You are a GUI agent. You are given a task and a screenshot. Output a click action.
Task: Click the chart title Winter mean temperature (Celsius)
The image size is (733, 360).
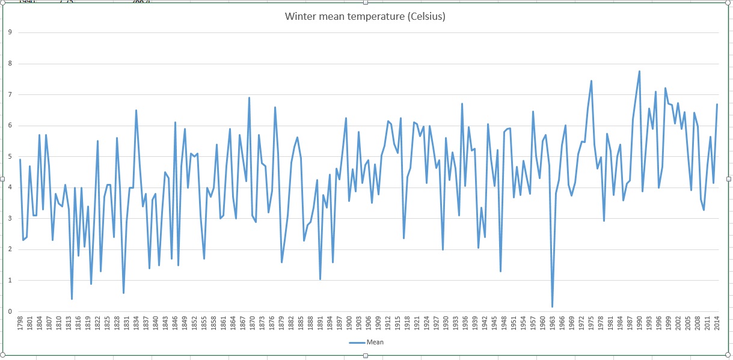coord(365,16)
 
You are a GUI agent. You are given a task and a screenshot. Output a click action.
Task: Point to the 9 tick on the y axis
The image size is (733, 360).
coord(10,32)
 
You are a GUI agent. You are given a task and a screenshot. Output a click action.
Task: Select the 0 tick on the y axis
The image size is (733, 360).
coord(10,311)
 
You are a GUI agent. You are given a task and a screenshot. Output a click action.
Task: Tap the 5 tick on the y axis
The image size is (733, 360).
coord(10,157)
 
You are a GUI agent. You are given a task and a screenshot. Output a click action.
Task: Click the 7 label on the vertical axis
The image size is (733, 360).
coord(10,94)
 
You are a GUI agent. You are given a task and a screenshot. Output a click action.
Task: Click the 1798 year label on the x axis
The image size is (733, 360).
coord(20,326)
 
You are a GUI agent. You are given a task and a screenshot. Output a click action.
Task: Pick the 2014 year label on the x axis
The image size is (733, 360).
coord(717,326)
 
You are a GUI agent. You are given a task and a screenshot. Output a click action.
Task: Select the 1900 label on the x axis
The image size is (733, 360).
coord(349,326)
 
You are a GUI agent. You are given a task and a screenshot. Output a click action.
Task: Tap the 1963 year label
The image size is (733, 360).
coord(553,326)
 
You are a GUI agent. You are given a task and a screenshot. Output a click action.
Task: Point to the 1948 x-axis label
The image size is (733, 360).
coord(504,326)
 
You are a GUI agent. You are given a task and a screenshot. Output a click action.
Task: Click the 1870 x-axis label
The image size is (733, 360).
coord(253,326)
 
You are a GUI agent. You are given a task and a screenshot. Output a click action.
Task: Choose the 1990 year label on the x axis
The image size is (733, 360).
coord(640,326)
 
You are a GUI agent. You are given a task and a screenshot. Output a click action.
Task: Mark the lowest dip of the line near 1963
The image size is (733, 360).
coord(553,307)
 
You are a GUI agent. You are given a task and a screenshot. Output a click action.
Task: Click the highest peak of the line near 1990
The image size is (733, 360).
coord(639,71)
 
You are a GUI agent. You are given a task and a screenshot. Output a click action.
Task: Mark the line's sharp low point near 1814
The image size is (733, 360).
coord(72,299)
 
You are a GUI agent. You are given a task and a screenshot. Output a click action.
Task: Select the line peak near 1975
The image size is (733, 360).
coord(591,81)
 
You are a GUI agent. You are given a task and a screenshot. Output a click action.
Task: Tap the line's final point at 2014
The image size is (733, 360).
coord(717,104)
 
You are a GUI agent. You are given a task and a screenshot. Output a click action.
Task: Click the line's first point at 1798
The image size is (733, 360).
coord(20,159)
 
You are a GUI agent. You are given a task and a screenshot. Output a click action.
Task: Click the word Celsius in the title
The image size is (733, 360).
coord(425,16)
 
